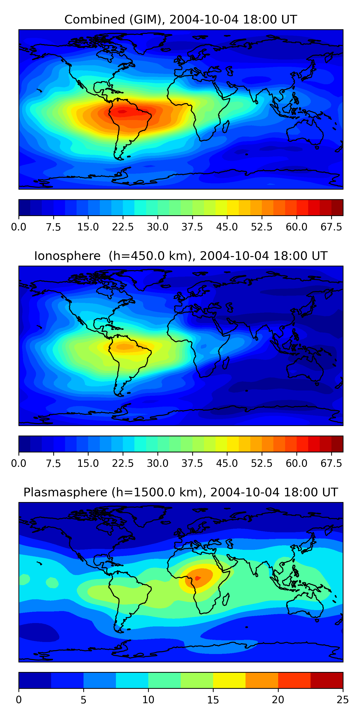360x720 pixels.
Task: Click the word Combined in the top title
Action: [x=95, y=20]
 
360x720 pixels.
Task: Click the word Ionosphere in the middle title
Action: [x=67, y=256]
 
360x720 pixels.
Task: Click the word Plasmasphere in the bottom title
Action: [x=65, y=492]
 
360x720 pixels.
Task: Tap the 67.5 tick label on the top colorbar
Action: [x=331, y=227]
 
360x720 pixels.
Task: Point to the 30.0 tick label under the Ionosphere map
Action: [x=158, y=463]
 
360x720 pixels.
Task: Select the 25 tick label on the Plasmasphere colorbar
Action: [x=343, y=700]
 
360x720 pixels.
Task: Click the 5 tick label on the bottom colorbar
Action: [x=83, y=700]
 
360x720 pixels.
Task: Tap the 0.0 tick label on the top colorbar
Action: [x=19, y=227]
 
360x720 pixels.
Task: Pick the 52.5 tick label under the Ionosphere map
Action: [x=262, y=463]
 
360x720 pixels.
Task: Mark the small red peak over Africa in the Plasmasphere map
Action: [x=197, y=578]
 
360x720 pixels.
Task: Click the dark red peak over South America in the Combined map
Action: [x=122, y=112]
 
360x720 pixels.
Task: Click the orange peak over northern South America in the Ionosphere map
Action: [x=125, y=347]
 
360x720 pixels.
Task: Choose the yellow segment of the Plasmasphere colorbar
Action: [x=229, y=680]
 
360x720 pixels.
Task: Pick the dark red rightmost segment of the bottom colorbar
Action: [x=326, y=680]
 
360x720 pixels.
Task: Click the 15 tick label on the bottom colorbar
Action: [x=213, y=700]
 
